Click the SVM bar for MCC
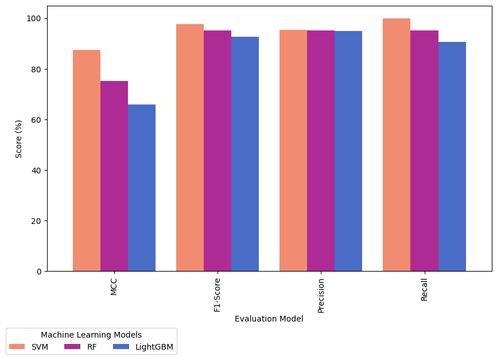click(x=87, y=161)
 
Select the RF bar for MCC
click(x=114, y=176)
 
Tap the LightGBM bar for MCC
click(x=142, y=188)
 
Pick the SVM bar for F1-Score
click(x=190, y=148)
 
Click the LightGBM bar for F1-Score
click(x=245, y=154)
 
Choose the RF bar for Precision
click(x=321, y=150)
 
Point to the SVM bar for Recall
click(x=397, y=145)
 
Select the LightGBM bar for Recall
click(x=452, y=156)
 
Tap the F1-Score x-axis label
click(x=218, y=294)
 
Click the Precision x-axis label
click(x=321, y=295)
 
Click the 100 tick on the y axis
click(x=34, y=19)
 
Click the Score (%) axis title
click(x=19, y=139)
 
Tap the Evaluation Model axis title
click(x=269, y=319)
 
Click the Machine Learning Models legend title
click(x=91, y=335)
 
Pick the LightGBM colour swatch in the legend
click(x=122, y=347)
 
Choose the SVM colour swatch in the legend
click(x=18, y=347)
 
